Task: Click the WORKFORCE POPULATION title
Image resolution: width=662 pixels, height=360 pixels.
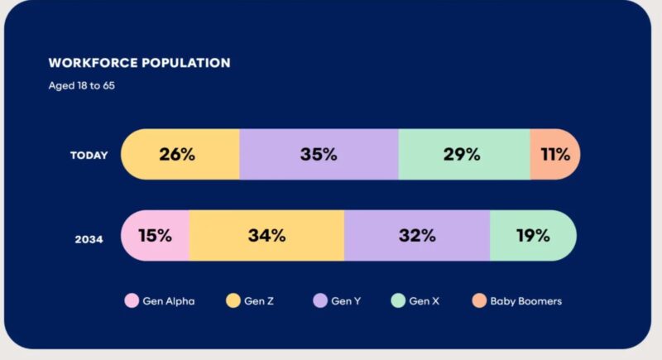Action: pyautogui.click(x=139, y=63)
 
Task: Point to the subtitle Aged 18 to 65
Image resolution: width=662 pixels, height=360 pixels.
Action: pyautogui.click(x=81, y=85)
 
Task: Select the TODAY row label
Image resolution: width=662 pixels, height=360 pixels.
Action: pyautogui.click(x=89, y=155)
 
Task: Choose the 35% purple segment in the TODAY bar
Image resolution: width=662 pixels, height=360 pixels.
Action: pyautogui.click(x=319, y=155)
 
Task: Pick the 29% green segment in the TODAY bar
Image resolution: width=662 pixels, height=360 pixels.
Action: pyautogui.click(x=463, y=155)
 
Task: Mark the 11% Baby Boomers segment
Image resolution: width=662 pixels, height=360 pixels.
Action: pyautogui.click(x=555, y=155)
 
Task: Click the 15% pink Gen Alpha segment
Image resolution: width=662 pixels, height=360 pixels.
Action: pyautogui.click(x=156, y=235)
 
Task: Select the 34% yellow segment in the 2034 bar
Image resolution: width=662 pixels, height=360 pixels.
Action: pyautogui.click(x=266, y=235)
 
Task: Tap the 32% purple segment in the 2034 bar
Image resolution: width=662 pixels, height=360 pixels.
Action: pyautogui.click(x=416, y=235)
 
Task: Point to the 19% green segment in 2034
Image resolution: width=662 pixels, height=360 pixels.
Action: pyautogui.click(x=532, y=235)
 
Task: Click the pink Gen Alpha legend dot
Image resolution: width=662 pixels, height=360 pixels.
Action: pyautogui.click(x=131, y=301)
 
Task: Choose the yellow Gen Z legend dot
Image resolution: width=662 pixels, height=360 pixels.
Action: pyautogui.click(x=234, y=301)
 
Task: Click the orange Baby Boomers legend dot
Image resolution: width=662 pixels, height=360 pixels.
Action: pyautogui.click(x=480, y=301)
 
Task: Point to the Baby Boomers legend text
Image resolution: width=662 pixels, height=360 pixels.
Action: pyautogui.click(x=526, y=301)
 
